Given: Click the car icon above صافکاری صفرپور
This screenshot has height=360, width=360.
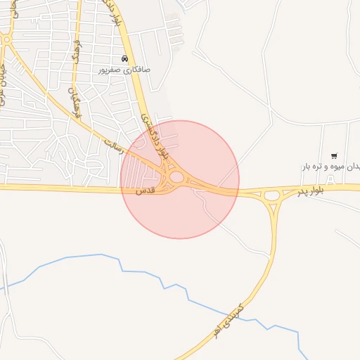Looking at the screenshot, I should [x=124, y=59].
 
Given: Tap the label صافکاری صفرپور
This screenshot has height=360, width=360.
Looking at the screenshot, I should [x=125, y=71].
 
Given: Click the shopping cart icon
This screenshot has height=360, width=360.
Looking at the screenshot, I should [x=333, y=155].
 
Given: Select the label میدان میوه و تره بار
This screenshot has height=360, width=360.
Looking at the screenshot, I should [x=332, y=167].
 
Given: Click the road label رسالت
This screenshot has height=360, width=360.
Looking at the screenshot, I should [x=113, y=145].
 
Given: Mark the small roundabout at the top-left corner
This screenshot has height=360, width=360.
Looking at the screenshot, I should [x=6, y=40].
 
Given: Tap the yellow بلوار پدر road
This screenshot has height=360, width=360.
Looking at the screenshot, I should [x=309, y=188].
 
